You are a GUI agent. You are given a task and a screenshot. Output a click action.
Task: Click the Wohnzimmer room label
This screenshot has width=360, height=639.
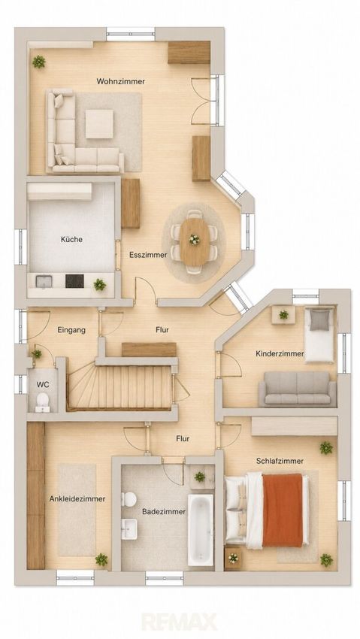point(120,81)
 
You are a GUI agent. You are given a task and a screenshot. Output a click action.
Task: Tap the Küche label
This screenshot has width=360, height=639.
point(71,239)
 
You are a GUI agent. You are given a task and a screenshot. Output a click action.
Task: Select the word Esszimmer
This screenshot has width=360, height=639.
point(148,255)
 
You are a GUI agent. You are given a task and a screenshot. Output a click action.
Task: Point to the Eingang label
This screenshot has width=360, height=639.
point(71,330)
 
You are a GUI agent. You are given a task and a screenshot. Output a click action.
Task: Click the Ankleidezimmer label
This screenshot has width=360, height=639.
point(77,499)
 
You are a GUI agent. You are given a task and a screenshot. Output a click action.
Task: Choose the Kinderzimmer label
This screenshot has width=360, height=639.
point(280,354)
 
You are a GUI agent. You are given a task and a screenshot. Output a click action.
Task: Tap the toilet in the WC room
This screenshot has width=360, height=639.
point(42,401)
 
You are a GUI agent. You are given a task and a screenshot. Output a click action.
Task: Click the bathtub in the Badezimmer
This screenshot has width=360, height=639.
point(201,530)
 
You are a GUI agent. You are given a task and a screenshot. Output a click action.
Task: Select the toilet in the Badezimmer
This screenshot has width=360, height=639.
point(129,499)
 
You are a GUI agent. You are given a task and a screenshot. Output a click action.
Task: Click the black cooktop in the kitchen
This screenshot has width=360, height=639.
point(74,281)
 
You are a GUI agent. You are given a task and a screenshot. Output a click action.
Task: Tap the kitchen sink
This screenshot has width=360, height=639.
point(44,282)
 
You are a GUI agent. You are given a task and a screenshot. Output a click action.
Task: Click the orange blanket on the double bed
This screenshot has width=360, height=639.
point(283,510)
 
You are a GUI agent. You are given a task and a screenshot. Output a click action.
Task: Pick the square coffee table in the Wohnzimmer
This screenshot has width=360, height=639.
point(99,124)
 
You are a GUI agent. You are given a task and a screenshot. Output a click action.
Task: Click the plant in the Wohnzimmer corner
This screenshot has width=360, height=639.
point(39,62)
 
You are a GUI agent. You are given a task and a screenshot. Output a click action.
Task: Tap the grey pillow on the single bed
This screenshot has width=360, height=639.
point(319,320)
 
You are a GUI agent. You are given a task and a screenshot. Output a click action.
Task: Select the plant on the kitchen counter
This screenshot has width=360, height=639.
point(100,284)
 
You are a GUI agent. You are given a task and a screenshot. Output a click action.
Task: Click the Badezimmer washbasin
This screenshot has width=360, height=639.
point(129,528)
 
